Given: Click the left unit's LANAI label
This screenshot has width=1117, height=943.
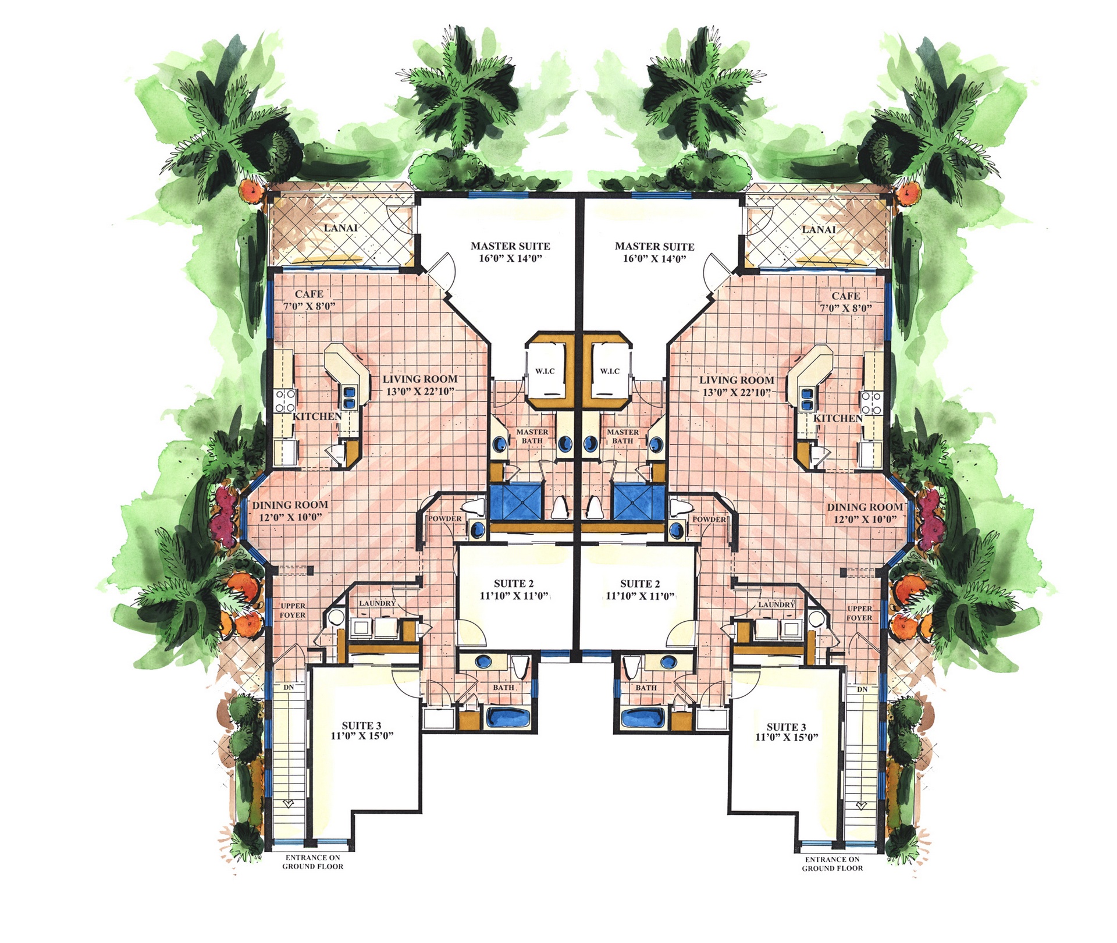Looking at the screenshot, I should [341, 228].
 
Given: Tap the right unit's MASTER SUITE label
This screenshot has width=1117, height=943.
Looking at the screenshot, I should [654, 247].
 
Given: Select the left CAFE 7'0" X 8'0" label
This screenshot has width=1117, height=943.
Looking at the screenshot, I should [309, 300].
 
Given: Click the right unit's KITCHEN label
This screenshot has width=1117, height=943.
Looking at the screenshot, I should [838, 419].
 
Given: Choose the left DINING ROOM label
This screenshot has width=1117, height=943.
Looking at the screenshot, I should [290, 506].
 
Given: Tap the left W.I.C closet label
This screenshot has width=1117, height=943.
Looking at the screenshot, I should [545, 371].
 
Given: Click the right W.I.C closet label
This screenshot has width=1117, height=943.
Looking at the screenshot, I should [610, 371].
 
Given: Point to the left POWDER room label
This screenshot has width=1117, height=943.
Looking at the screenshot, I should [445, 519].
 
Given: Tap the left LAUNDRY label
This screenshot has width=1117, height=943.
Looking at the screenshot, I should [377, 603].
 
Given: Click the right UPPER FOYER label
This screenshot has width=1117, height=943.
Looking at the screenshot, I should [859, 613].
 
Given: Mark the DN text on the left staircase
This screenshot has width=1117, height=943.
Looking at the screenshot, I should [289, 688].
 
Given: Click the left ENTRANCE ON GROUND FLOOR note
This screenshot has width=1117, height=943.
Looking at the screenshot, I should [313, 862].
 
